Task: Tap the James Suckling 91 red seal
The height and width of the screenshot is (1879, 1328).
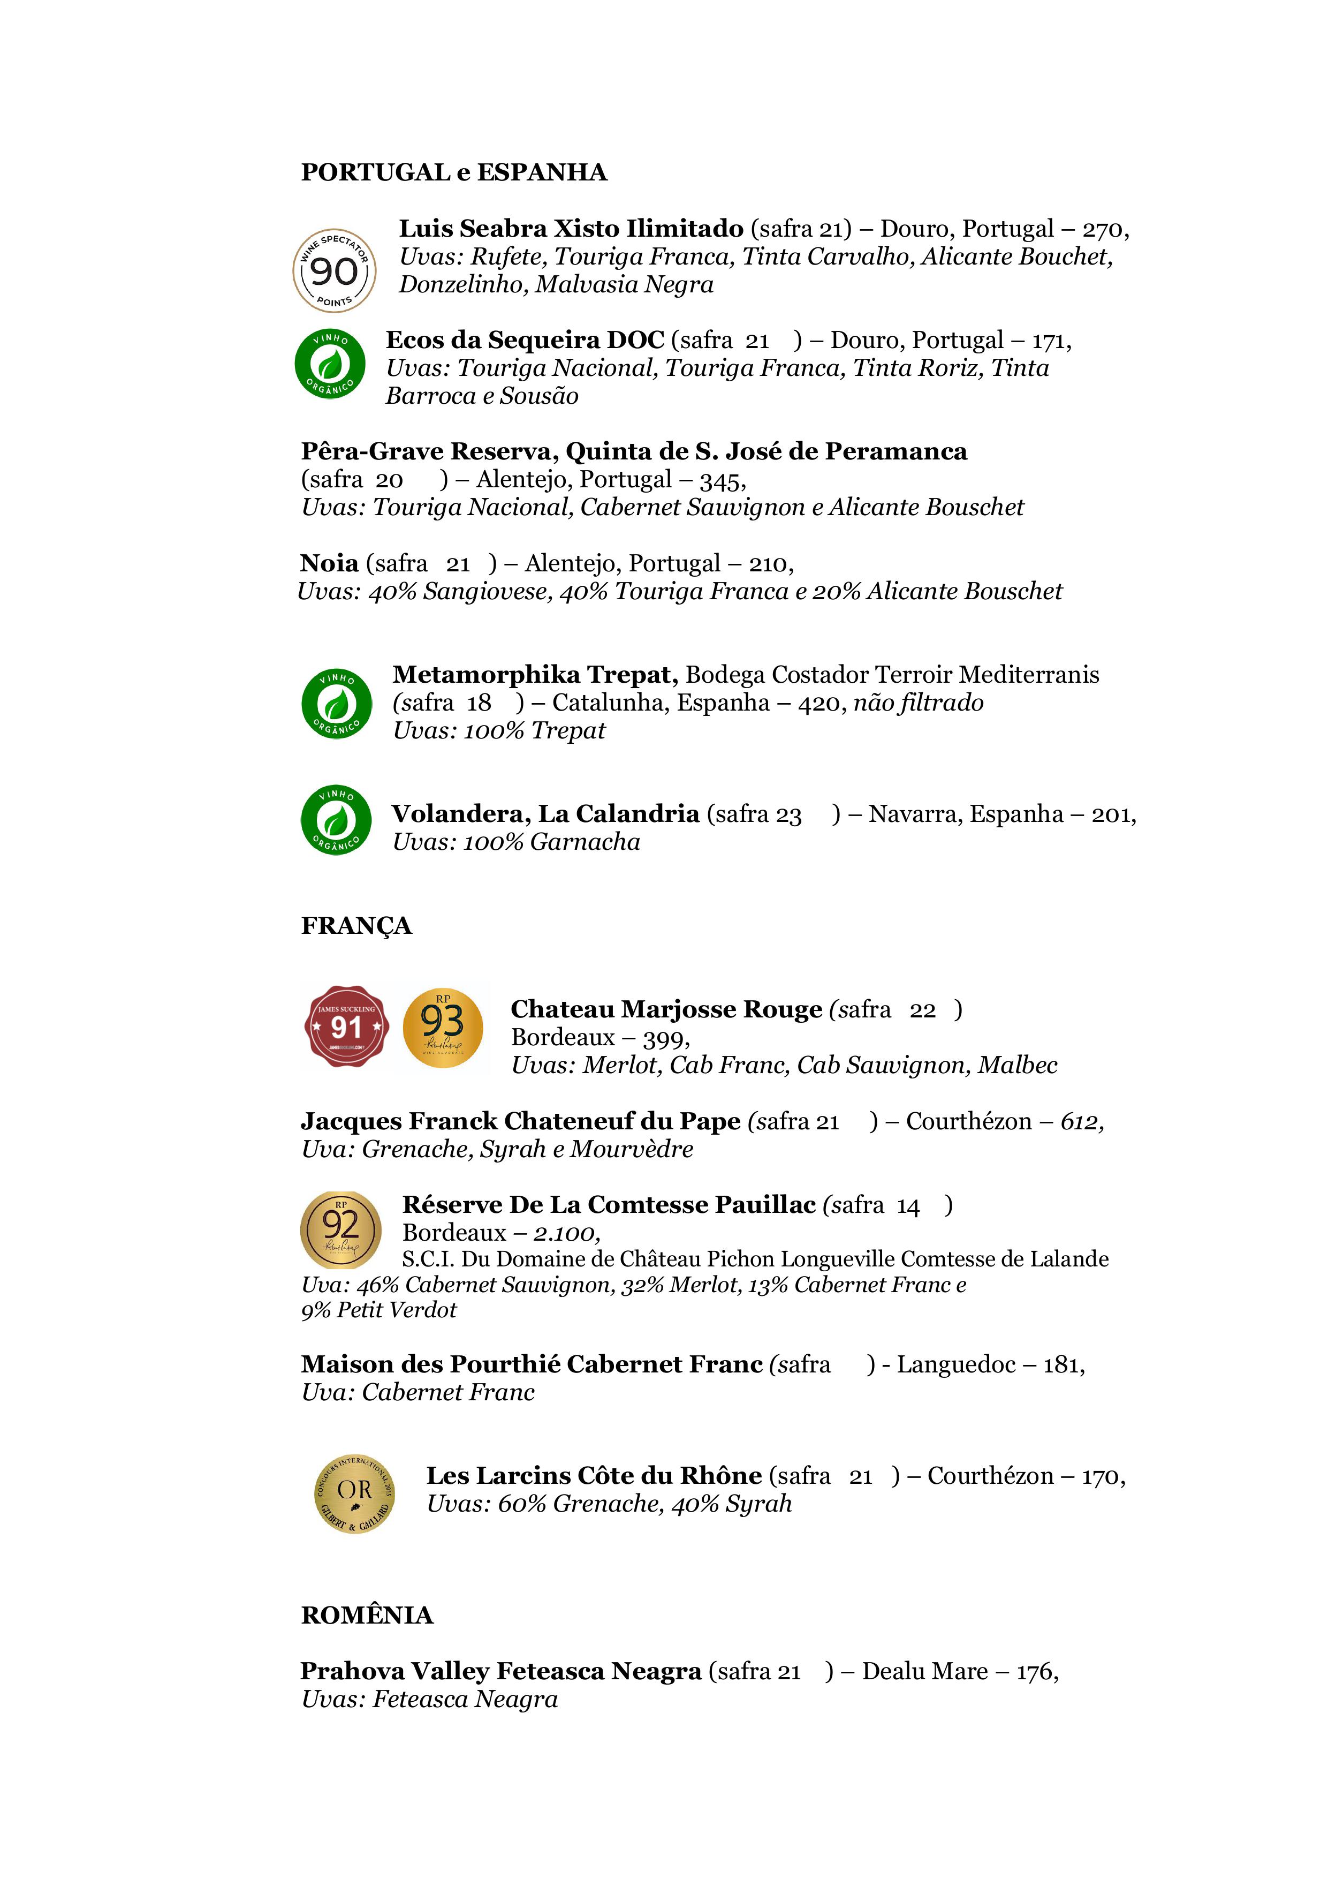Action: point(345,1027)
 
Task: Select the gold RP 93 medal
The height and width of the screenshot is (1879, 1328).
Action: point(443,1027)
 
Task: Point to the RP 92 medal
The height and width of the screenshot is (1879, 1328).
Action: point(340,1230)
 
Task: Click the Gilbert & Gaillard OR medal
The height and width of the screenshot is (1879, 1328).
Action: point(354,1493)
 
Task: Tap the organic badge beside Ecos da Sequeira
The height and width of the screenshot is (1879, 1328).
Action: point(330,364)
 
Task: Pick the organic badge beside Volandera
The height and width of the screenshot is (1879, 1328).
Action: point(336,820)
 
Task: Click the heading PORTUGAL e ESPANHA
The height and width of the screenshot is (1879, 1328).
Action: point(454,172)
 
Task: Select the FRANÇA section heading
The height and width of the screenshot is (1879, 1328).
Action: point(356,926)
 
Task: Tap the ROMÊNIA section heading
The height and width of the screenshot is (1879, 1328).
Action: point(367,1614)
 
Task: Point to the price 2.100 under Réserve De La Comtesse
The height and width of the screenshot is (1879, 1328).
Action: point(565,1233)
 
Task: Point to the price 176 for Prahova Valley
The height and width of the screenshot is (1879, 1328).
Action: point(1035,1671)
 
